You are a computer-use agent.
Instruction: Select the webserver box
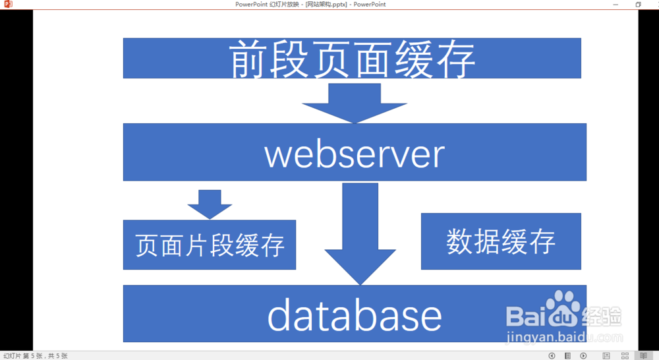[355, 152]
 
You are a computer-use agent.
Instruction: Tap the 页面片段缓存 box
[209, 245]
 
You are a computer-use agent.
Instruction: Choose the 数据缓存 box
[501, 241]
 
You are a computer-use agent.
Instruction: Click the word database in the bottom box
[354, 316]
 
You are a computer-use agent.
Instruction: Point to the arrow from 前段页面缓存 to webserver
[355, 102]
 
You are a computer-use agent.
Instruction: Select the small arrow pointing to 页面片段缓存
[210, 204]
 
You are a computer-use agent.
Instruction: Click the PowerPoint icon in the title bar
[9, 5]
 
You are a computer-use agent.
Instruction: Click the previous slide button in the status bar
[552, 356]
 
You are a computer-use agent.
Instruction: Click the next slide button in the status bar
[583, 356]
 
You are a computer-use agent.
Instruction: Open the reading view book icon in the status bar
[644, 356]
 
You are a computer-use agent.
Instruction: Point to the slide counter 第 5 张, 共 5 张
[36, 356]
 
